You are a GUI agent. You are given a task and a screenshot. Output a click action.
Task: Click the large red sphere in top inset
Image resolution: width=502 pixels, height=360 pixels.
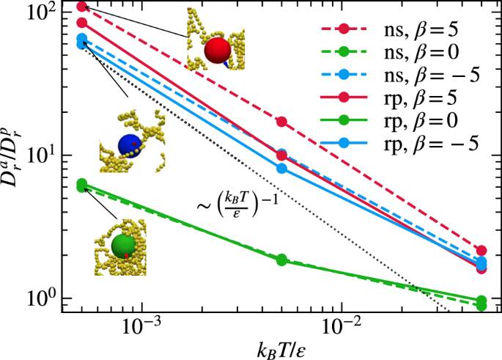click(218, 51)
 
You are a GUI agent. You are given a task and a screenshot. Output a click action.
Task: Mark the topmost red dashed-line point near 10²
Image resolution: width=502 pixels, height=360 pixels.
click(82, 7)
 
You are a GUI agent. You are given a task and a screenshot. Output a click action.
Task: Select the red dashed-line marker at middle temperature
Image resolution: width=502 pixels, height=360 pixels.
click(281, 121)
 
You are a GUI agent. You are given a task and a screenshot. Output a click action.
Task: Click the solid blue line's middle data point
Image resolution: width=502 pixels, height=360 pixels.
click(281, 168)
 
